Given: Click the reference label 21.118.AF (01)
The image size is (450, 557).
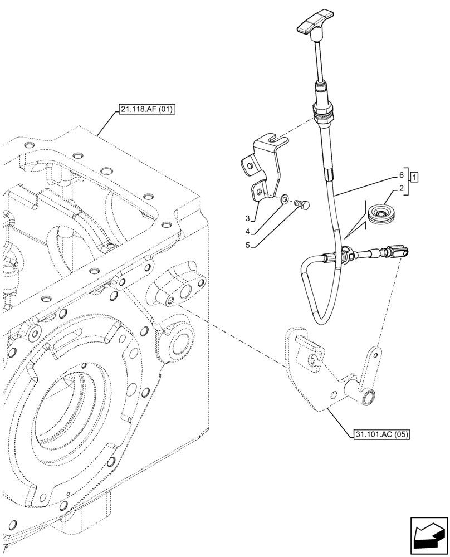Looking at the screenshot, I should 146,110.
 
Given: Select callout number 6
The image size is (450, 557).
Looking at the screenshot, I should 401,174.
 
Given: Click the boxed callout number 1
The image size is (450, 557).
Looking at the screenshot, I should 414,178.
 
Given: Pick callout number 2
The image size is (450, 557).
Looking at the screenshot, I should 401,189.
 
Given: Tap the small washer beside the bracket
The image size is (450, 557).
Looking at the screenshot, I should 285,198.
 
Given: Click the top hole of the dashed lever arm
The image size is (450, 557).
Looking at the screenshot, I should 378,353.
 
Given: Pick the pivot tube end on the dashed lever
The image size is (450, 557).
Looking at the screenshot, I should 368,398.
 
